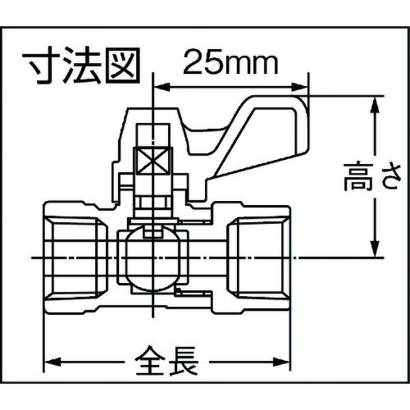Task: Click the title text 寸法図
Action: [x=81, y=66]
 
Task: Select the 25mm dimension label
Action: [x=230, y=62]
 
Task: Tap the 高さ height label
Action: [x=372, y=177]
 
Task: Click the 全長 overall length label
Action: [x=167, y=361]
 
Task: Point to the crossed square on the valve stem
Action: [x=153, y=161]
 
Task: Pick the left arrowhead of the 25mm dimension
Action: [x=163, y=87]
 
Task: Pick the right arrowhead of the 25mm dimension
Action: [x=300, y=87]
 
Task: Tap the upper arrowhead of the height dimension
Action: [x=375, y=105]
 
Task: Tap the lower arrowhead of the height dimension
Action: [x=375, y=249]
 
